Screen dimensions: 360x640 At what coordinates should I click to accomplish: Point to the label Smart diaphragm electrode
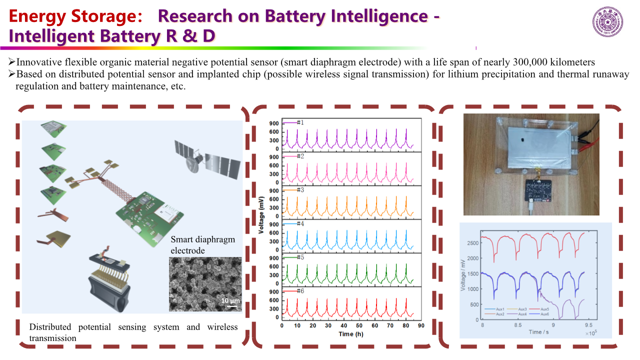pos(202,244)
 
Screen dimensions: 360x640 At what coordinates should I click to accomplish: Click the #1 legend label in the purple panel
pos(300,122)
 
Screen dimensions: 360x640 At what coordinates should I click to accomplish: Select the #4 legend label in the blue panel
pos(300,223)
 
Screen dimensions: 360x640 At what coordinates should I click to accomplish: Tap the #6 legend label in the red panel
pos(300,291)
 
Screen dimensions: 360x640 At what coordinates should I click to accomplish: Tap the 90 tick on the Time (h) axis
pos(421,325)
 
